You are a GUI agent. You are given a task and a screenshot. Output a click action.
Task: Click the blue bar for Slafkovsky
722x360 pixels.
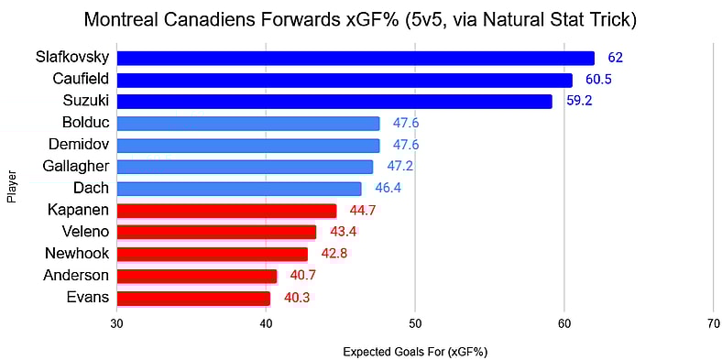tap(356, 58)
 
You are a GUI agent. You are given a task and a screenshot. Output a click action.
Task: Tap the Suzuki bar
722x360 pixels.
tap(334, 101)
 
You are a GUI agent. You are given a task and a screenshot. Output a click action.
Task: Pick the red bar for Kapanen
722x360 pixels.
tap(226, 210)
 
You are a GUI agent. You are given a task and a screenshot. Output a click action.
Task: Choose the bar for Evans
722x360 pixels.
tap(193, 298)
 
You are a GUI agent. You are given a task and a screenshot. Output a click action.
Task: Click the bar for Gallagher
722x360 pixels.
tap(245, 167)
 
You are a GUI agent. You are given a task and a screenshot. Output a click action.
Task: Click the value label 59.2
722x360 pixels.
tap(580, 102)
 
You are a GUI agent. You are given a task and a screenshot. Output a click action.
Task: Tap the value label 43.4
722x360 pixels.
tap(344, 232)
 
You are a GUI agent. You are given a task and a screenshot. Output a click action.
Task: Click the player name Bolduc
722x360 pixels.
tap(86, 123)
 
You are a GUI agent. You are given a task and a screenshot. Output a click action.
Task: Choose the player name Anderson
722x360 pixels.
tap(76, 276)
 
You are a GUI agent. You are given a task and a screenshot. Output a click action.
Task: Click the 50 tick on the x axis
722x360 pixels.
tap(415, 323)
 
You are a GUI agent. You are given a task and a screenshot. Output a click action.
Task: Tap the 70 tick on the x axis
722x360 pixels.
tap(713, 323)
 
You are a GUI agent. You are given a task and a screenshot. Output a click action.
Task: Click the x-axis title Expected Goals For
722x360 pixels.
tap(415, 351)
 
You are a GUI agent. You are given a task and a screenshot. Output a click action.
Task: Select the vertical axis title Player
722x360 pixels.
tap(11, 183)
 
